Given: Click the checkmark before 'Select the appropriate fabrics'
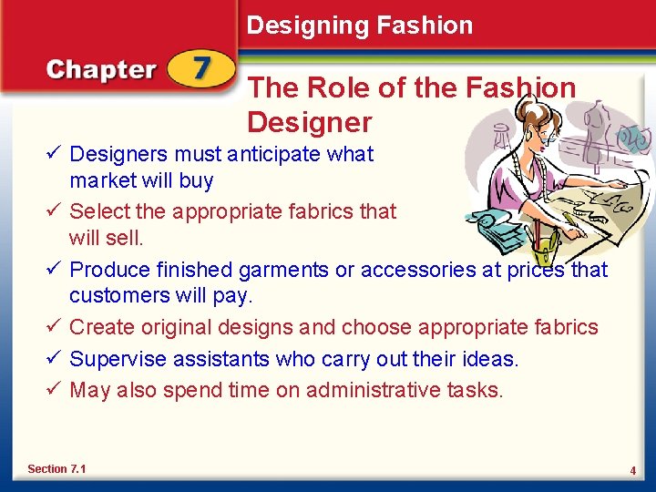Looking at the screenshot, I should pyautogui.click(x=56, y=211).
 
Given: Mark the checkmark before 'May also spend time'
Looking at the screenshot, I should pyautogui.click(x=56, y=391).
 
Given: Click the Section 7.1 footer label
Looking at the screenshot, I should pyautogui.click(x=56, y=468).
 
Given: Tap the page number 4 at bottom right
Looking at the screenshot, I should pyautogui.click(x=631, y=470).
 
